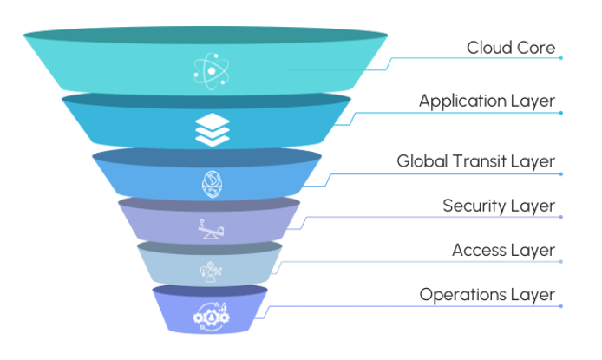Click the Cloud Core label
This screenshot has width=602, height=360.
pos(510,47)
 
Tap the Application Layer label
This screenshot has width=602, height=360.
pos(487,101)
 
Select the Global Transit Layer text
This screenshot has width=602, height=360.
pos(475,161)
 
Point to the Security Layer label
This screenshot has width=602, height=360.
pos(499,206)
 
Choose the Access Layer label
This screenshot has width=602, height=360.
pos(503,251)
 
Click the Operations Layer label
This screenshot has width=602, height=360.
pos(487,295)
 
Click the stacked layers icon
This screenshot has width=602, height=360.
pos(209,128)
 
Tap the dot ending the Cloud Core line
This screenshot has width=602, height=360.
pos(562,58)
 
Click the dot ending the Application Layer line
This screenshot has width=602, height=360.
pos(562,113)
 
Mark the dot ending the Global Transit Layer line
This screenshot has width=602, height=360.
pos(562,173)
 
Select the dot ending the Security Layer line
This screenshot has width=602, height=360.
pos(562,218)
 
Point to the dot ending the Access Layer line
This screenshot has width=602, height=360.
pos(562,262)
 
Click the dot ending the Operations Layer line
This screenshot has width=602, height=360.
pos(562,306)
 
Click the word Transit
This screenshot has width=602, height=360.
pos(480,161)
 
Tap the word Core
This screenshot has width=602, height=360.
pos(536,47)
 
